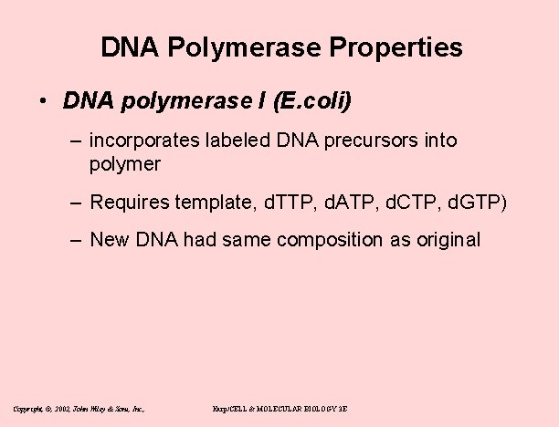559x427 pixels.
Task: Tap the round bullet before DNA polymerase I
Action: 44,101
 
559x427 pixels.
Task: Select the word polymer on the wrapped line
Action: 125,164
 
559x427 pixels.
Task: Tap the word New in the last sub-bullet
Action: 109,239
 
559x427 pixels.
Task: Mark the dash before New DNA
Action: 76,239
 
